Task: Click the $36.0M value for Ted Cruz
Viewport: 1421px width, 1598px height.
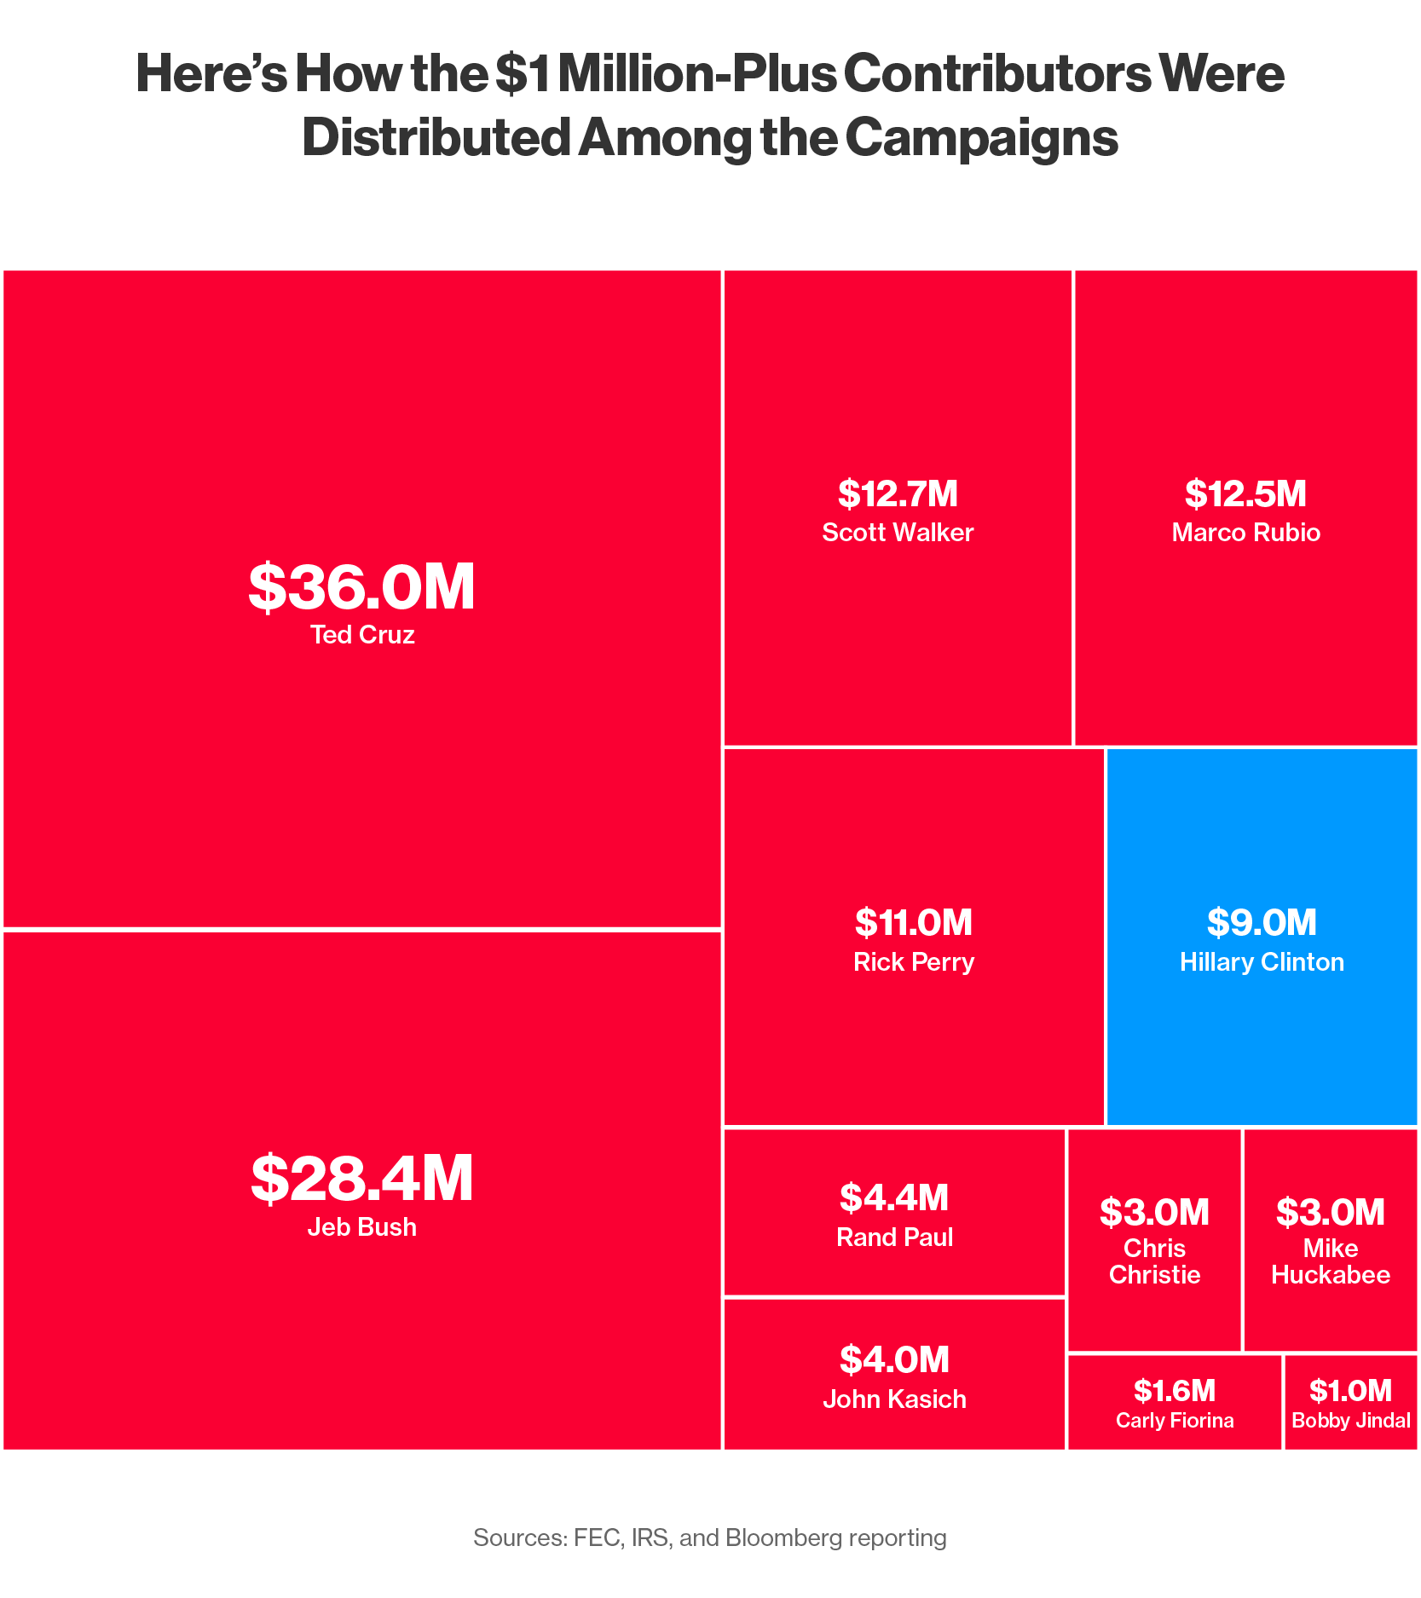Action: point(361,587)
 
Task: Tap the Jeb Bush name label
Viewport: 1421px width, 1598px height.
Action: point(361,1226)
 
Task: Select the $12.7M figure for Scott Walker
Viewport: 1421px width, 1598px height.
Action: point(898,493)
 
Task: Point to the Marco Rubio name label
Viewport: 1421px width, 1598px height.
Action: point(1245,533)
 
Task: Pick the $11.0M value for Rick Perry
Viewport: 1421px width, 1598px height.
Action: point(913,922)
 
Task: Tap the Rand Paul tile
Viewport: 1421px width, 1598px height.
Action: point(894,1212)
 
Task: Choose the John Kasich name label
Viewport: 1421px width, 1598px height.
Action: point(894,1399)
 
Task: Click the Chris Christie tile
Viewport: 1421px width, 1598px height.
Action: point(1154,1240)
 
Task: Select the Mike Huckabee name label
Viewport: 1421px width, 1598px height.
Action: point(1330,1261)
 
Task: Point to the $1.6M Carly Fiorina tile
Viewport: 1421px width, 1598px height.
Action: point(1174,1402)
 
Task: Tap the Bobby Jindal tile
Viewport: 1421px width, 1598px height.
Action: point(1350,1402)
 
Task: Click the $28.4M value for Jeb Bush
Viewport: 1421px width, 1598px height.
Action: point(361,1179)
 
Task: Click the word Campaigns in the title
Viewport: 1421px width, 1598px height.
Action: point(981,137)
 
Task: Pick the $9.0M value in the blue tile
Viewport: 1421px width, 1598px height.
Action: point(1262,922)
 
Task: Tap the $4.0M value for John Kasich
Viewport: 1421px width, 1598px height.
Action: point(894,1359)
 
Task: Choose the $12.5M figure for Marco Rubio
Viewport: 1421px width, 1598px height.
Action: point(1245,493)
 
